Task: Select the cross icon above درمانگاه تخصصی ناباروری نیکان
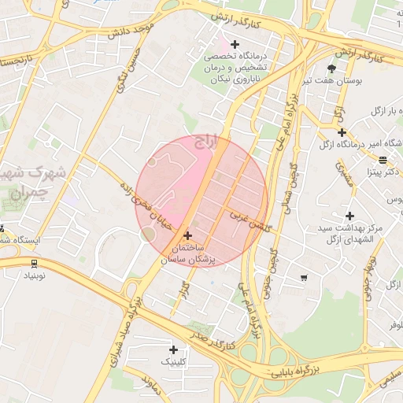coord(235,43)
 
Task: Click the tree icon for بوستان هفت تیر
coord(331,68)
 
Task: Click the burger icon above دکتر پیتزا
coord(383,160)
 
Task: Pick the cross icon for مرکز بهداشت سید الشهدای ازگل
coord(349,215)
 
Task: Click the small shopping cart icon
coord(304,278)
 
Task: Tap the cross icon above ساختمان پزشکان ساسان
coord(187,235)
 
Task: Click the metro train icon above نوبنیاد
coord(34,264)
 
